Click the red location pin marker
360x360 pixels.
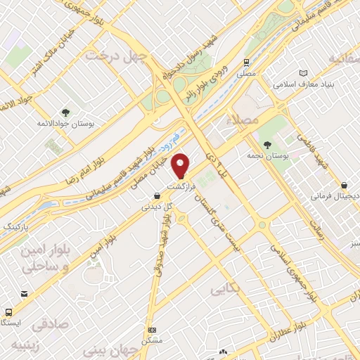click(181, 165)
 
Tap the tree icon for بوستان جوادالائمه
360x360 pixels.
click(65, 112)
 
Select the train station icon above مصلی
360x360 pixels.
click(247, 63)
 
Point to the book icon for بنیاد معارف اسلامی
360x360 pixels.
click(303, 73)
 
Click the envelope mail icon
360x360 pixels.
click(25, 294)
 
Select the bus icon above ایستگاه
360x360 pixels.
click(8, 311)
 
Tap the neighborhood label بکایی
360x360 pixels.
click(224, 288)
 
